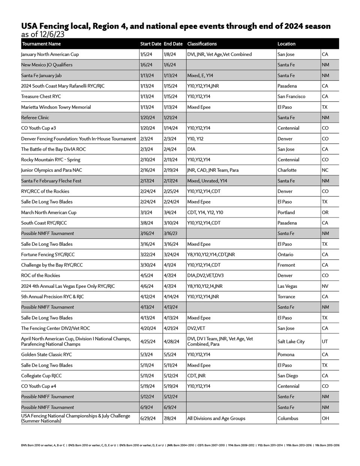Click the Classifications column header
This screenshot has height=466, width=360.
click(x=202, y=44)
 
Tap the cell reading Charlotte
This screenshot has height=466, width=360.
click(x=287, y=170)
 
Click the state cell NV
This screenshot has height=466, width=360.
click(x=325, y=286)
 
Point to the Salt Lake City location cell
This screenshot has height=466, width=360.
click(x=291, y=341)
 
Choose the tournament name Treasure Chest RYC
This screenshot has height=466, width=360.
click(x=41, y=96)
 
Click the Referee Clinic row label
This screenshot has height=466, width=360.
click(x=35, y=117)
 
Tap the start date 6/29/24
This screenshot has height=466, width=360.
click(x=148, y=418)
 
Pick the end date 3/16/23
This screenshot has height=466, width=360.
click(x=171, y=233)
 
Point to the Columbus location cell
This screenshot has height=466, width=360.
click(x=288, y=418)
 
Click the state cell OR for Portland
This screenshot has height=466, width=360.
click(x=325, y=212)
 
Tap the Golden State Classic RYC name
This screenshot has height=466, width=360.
click(x=46, y=355)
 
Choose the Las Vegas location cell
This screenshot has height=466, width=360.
click(x=287, y=286)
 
